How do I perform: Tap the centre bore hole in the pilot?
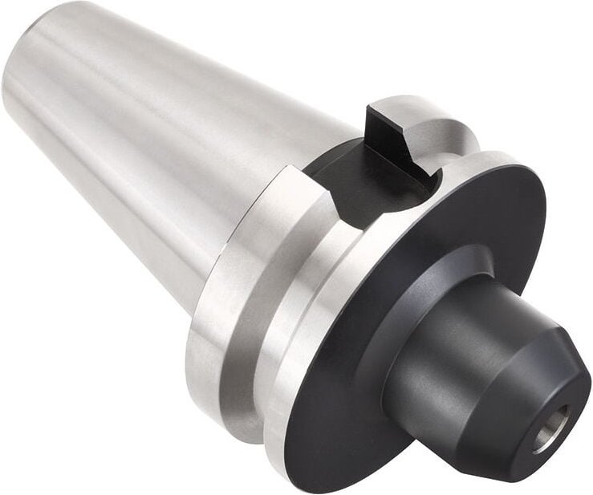point(554,420)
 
